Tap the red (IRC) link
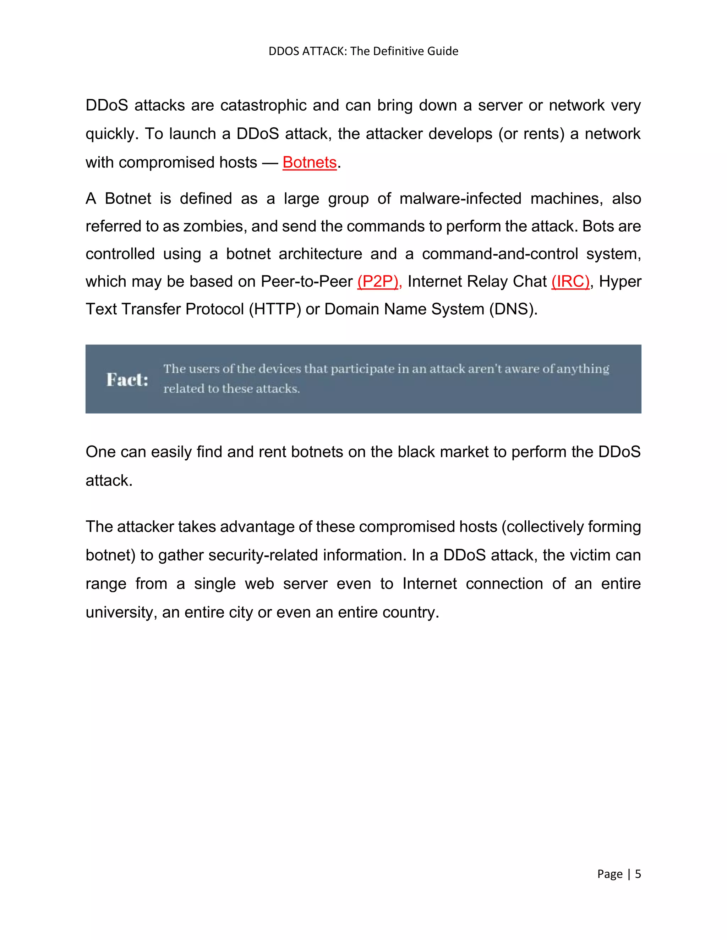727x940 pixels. coord(570,282)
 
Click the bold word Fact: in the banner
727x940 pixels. coord(127,380)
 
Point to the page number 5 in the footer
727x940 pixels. coord(638,874)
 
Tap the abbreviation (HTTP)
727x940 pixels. coord(275,309)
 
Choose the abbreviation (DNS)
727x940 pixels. coord(513,309)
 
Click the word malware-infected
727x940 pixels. coord(460,199)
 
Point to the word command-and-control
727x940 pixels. coord(499,254)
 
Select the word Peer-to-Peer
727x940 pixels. coord(307,282)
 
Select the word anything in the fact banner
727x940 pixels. coord(583,369)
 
